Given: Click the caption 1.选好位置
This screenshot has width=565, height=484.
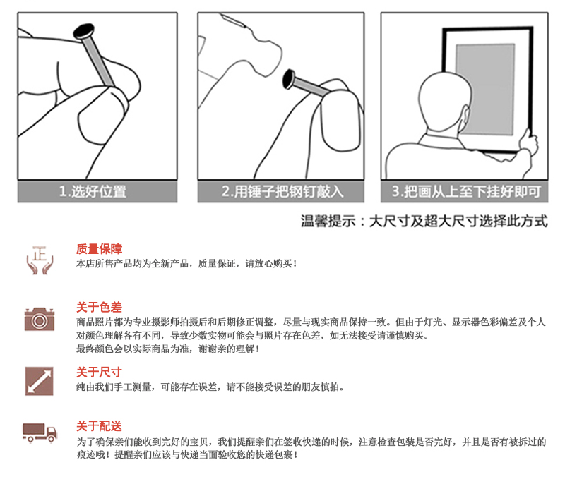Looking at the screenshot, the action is pyautogui.click(x=93, y=191).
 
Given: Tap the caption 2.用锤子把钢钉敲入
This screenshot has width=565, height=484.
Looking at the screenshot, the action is pyautogui.click(x=282, y=191).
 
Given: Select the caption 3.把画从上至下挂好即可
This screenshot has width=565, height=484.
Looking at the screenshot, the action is pyautogui.click(x=466, y=191).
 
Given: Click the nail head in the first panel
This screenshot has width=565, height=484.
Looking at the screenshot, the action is pyautogui.click(x=84, y=31).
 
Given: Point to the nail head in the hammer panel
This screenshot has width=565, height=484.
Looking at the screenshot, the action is pyautogui.click(x=289, y=79).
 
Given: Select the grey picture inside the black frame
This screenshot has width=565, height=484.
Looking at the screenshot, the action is pyautogui.click(x=485, y=89).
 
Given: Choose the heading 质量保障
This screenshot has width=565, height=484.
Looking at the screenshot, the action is pyautogui.click(x=99, y=249).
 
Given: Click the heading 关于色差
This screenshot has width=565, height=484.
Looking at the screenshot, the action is pyautogui.click(x=99, y=308).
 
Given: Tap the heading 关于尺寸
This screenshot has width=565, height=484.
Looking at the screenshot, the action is pyautogui.click(x=99, y=372).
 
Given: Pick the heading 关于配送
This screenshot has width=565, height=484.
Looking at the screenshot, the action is pyautogui.click(x=99, y=426).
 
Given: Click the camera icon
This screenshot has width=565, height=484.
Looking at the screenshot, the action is pyautogui.click(x=40, y=319).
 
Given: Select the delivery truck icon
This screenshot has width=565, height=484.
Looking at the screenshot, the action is pyautogui.click(x=40, y=432).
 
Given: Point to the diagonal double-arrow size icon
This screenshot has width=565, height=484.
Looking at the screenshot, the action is pyautogui.click(x=40, y=381).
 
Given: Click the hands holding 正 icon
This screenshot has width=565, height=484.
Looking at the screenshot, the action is pyautogui.click(x=40, y=260).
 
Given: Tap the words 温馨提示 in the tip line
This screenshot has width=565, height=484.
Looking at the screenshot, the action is pyautogui.click(x=328, y=221).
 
